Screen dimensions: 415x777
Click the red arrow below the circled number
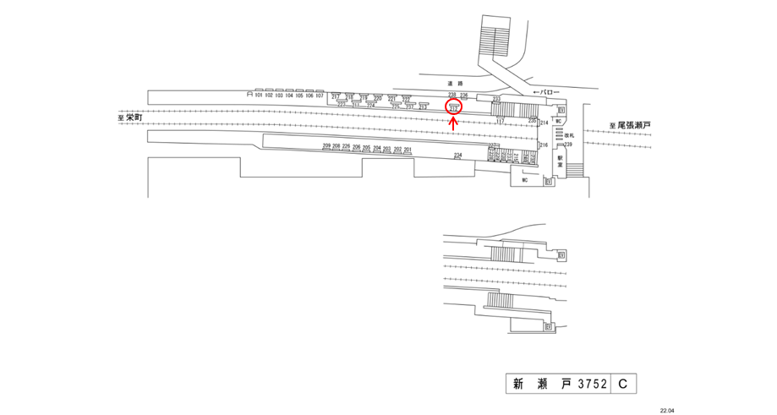tap(453, 122)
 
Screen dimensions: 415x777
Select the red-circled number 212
tap(453, 107)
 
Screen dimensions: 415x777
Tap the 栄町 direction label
tap(131, 119)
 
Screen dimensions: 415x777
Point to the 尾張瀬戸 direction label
tap(632, 126)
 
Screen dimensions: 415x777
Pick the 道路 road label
tap(455, 83)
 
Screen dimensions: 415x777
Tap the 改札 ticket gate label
tap(570, 135)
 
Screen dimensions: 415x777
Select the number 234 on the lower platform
tap(458, 156)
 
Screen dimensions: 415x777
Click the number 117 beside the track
tap(500, 123)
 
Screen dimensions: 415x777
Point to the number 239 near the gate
tap(569, 145)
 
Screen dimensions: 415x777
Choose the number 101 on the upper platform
tap(259, 96)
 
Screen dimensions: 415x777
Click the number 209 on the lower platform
tap(326, 147)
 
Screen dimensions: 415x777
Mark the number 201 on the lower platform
tap(408, 150)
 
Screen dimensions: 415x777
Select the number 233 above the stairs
tap(497, 100)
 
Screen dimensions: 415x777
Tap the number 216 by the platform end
tap(544, 145)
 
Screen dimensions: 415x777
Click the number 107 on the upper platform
tap(320, 96)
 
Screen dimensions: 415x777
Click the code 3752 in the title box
tap(592, 385)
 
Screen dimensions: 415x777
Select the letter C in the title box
tap(621, 385)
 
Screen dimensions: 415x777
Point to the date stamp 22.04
tap(668, 410)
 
